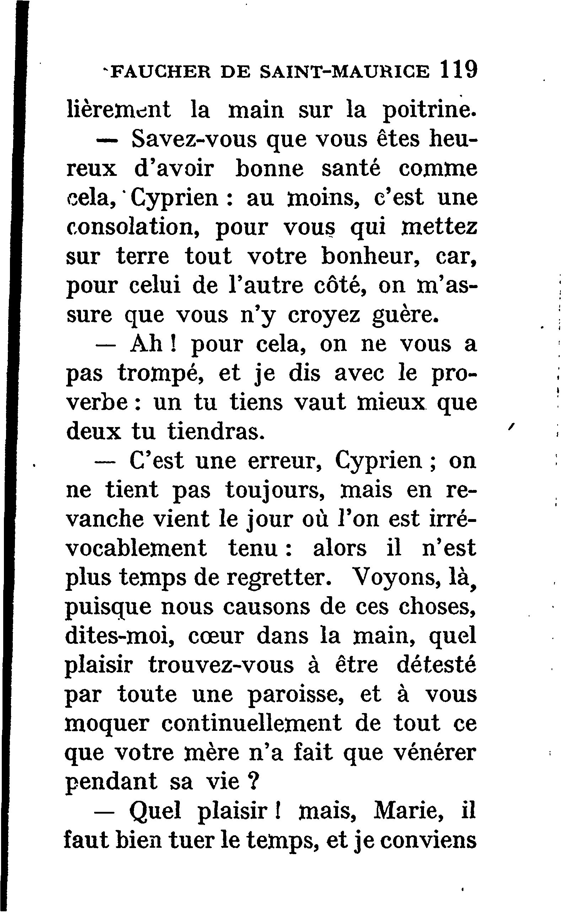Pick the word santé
[351, 168]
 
